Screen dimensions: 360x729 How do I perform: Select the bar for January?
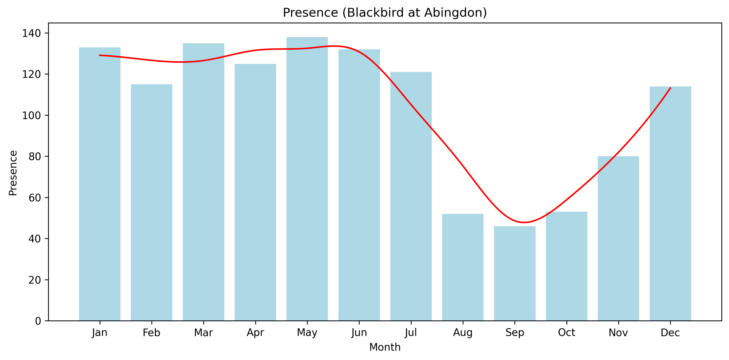click(x=100, y=184)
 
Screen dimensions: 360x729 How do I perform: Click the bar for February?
click(x=151, y=202)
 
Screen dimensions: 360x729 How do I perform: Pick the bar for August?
click(x=463, y=267)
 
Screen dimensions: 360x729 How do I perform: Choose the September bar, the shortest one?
click(x=515, y=273)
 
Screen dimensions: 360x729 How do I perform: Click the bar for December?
click(x=670, y=204)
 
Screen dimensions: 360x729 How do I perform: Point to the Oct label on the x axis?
click(x=567, y=332)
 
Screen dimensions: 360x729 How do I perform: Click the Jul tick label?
click(x=411, y=332)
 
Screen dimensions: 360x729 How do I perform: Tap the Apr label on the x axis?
click(x=255, y=332)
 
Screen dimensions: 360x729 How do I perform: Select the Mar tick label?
click(x=203, y=332)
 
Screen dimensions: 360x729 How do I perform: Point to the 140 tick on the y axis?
click(x=31, y=33)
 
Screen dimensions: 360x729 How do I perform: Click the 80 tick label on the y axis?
click(x=35, y=156)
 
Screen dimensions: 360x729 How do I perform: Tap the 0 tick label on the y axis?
click(x=38, y=321)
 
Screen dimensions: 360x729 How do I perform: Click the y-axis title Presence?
click(x=13, y=173)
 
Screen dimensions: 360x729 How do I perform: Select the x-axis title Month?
click(x=385, y=347)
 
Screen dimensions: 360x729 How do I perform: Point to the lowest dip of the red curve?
click(x=524, y=222)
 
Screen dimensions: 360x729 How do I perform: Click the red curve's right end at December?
click(x=670, y=88)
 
